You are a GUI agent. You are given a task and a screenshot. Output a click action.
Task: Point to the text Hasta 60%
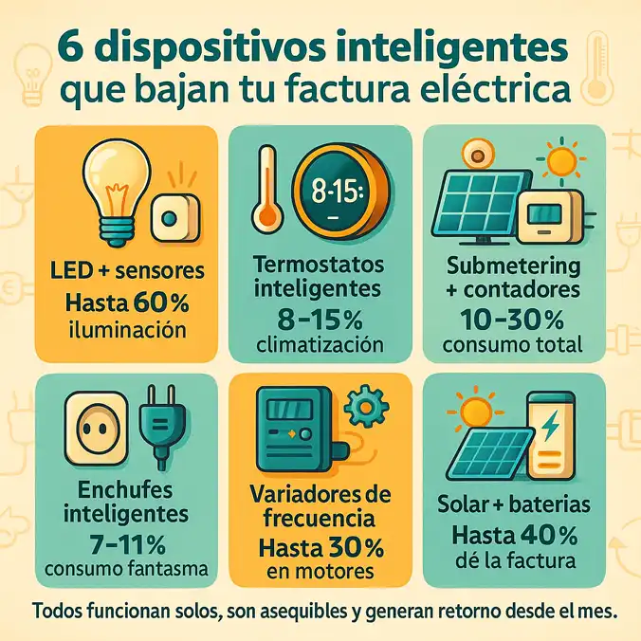(x=126, y=302)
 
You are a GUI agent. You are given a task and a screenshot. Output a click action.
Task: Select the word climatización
(x=320, y=342)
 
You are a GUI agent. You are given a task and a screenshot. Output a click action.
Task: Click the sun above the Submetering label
(x=561, y=158)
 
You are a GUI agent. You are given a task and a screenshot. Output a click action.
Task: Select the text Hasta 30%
(x=320, y=547)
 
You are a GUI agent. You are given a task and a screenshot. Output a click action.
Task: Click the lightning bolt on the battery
(x=550, y=429)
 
